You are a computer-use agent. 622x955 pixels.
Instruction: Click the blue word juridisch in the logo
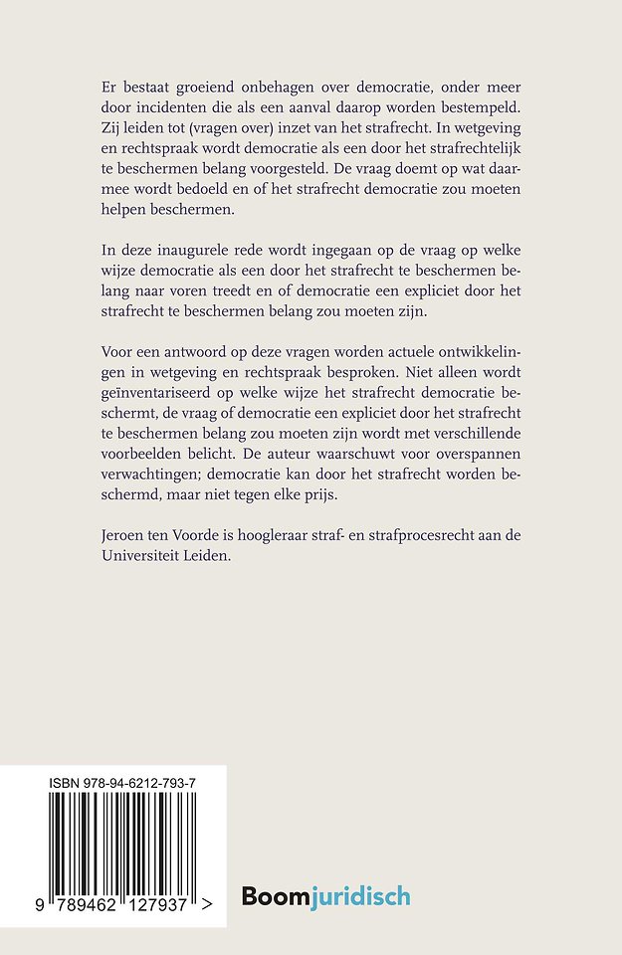(359, 897)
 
